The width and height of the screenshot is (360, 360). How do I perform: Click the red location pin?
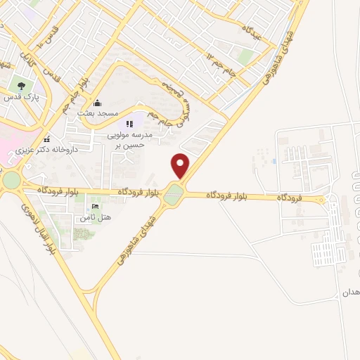(x=181, y=166)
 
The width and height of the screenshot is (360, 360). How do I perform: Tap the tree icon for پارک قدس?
(x=22, y=87)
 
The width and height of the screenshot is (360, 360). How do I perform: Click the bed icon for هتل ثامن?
(x=94, y=207)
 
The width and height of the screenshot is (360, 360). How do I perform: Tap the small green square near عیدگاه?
(x=245, y=57)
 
